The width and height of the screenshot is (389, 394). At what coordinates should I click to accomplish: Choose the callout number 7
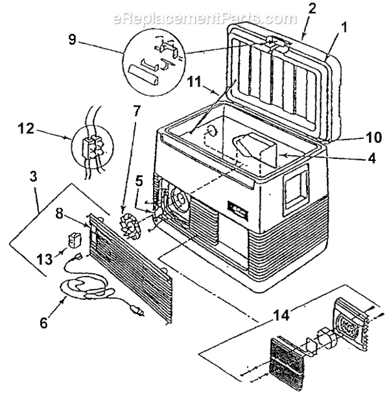pyautogui.click(x=137, y=111)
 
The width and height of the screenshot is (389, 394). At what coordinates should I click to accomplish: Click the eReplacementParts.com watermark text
pyautogui.click(x=195, y=18)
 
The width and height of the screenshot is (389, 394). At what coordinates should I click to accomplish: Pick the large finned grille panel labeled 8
pyautogui.click(x=132, y=264)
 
